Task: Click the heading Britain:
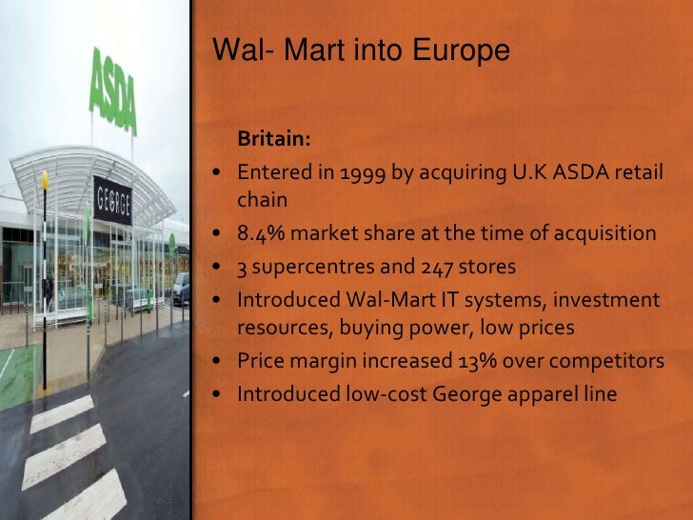(274, 140)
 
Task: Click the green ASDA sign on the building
(113, 90)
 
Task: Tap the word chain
(262, 200)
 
